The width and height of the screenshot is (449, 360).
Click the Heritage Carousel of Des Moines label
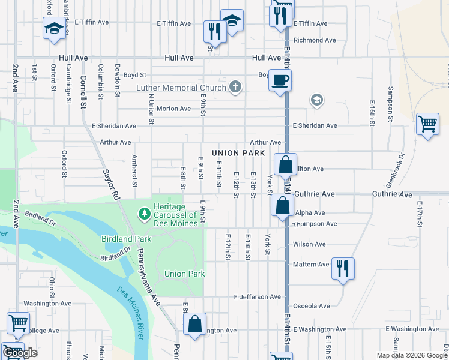[175, 215]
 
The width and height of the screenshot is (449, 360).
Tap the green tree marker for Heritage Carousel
[144, 213]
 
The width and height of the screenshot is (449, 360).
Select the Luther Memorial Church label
[181, 88]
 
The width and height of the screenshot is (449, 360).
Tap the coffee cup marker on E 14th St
[280, 80]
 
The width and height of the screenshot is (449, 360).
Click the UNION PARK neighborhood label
[238, 154]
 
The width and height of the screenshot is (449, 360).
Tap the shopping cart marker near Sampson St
[427, 124]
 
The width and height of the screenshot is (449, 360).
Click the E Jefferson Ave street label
[258, 297]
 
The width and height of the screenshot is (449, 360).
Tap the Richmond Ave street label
[315, 40]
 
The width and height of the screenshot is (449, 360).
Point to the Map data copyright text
[411, 355]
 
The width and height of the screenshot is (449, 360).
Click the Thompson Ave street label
[315, 224]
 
